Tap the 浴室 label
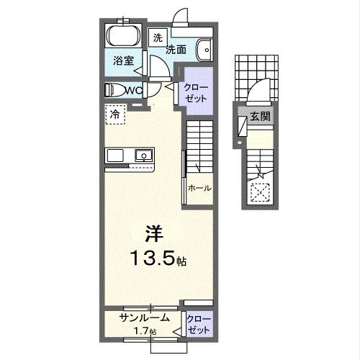[124, 61]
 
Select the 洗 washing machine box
[157, 37]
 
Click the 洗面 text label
[177, 50]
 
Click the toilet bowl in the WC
[113, 90]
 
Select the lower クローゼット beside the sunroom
[196, 323]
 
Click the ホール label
[199, 189]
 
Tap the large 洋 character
[153, 234]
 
